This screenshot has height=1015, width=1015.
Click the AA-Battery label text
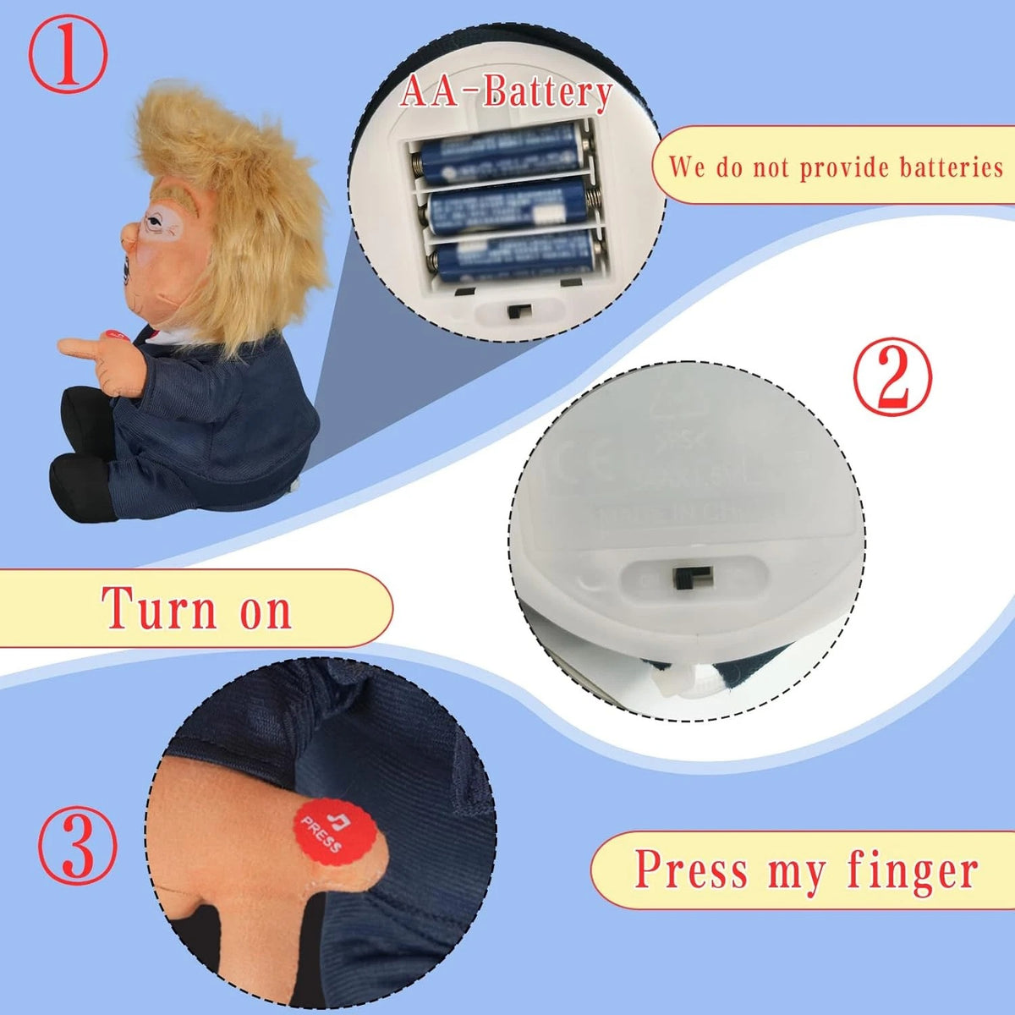coord(506,92)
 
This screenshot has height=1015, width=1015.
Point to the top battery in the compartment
coord(499,153)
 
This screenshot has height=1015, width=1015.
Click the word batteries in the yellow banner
coord(952,167)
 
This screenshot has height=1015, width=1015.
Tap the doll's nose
coord(125,234)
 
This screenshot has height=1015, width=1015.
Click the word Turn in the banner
coord(161,608)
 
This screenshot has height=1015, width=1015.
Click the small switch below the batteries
coord(513,311)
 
